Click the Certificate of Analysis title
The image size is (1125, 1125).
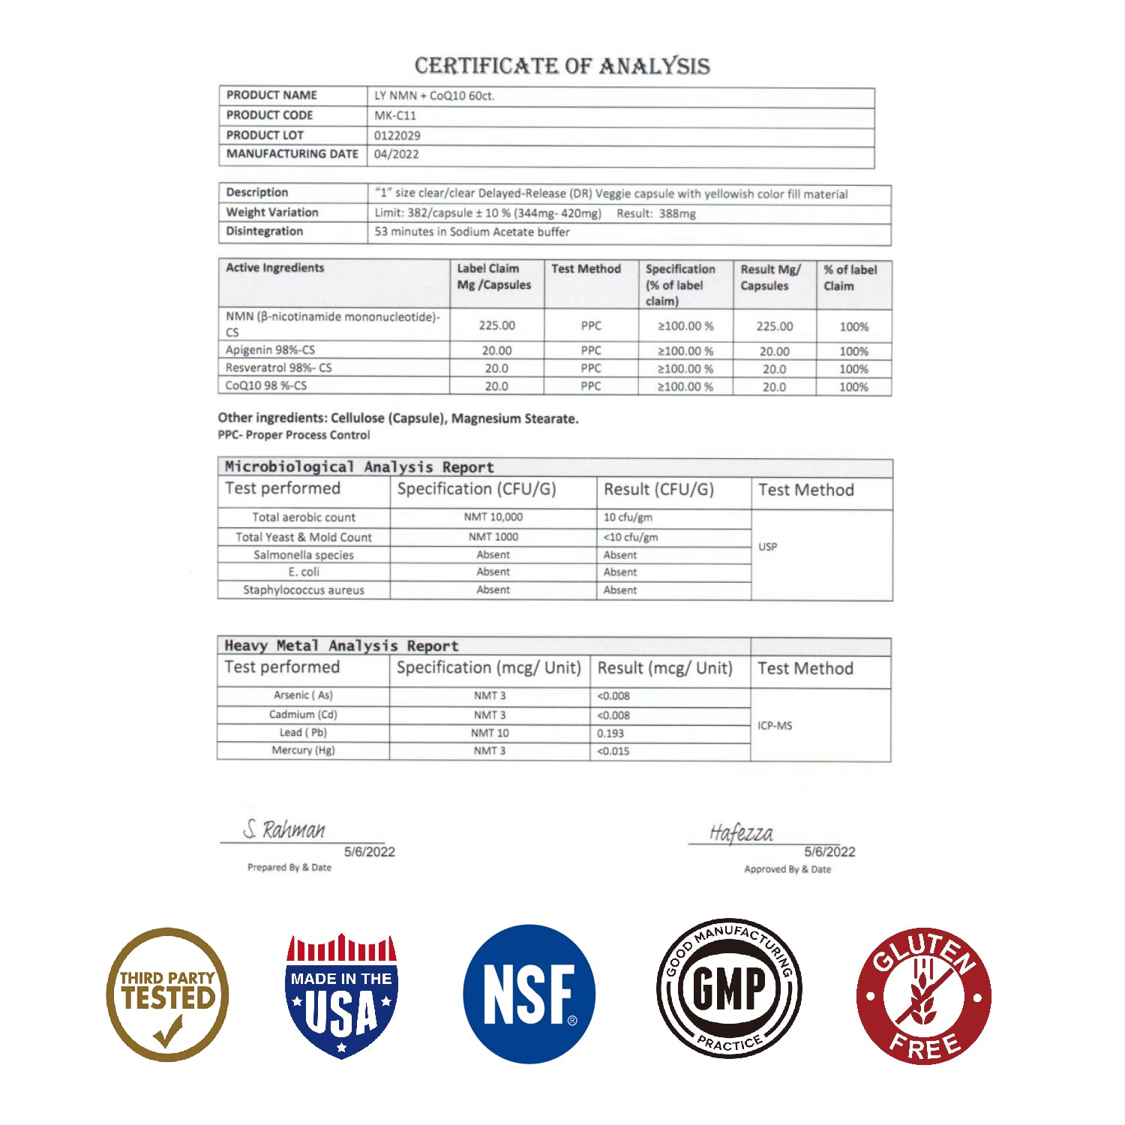coord(562,66)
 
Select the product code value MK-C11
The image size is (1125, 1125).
coord(395,115)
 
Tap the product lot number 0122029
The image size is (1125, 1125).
coord(397,136)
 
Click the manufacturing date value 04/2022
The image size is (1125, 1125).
coord(397,154)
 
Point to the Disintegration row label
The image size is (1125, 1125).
coord(265,231)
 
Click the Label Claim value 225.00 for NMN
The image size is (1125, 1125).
coord(496,325)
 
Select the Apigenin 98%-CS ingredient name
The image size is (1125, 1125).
coord(270,349)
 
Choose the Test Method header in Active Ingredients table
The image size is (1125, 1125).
coord(586,268)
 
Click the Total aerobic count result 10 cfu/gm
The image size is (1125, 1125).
coord(628,517)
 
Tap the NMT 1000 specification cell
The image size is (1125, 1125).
coord(493,537)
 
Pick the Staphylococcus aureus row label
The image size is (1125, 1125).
coord(303,590)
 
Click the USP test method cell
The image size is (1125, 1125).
coord(767,547)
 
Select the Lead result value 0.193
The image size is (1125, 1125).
coord(610,733)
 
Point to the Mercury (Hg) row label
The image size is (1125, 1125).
coord(303,751)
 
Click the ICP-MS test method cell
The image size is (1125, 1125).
coord(775,726)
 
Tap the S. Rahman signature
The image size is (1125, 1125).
coord(284,829)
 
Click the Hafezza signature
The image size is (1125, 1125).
coord(741,833)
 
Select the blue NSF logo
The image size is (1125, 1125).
coord(529,994)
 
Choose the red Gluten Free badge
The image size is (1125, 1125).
coord(924,996)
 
